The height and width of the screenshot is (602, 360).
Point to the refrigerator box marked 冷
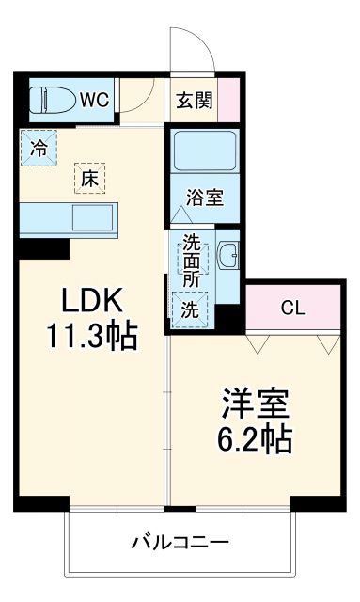(39, 147)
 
